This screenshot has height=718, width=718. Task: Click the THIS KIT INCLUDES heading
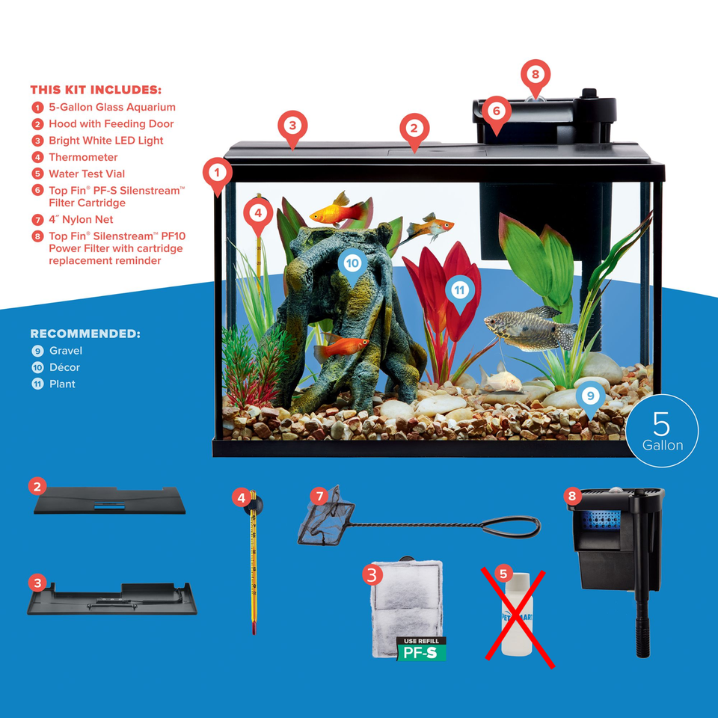pos(95,90)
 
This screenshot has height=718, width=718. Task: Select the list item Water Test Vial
pos(87,174)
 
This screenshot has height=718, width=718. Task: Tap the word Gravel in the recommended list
pos(66,351)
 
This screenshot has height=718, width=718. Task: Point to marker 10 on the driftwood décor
pos(352,263)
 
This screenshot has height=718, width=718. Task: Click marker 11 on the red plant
pos(459,289)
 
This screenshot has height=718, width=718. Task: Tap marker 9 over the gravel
pos(590,395)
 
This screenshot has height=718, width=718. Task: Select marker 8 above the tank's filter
pos(535,75)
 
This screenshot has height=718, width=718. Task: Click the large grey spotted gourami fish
pos(527,329)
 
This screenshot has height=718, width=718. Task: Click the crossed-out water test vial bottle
pos(515,614)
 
